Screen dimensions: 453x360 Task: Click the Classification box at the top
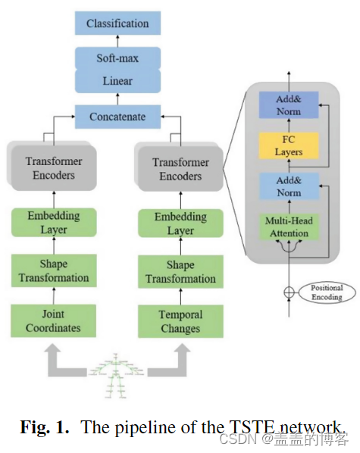[x=117, y=23]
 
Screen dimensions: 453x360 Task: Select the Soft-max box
[x=117, y=58]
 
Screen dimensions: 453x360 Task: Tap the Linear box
[x=117, y=80]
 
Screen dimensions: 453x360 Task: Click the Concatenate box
[x=117, y=117]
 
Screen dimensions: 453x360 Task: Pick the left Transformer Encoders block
[x=54, y=168]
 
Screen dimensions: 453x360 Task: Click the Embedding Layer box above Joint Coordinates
[x=54, y=222]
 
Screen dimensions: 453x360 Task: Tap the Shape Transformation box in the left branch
[x=54, y=271]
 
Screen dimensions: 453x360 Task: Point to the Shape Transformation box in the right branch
[x=180, y=272]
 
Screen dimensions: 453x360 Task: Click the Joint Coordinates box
[x=54, y=321]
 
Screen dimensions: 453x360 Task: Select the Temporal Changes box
[x=180, y=322]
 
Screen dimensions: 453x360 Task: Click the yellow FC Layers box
[x=289, y=146]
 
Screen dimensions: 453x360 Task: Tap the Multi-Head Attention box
[x=289, y=227]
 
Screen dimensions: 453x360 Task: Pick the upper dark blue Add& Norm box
[x=289, y=105]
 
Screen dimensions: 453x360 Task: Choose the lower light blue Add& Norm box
[x=289, y=186]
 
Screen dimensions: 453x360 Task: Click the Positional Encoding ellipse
[x=327, y=292]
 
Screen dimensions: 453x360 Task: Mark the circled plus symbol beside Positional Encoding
[x=289, y=292]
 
